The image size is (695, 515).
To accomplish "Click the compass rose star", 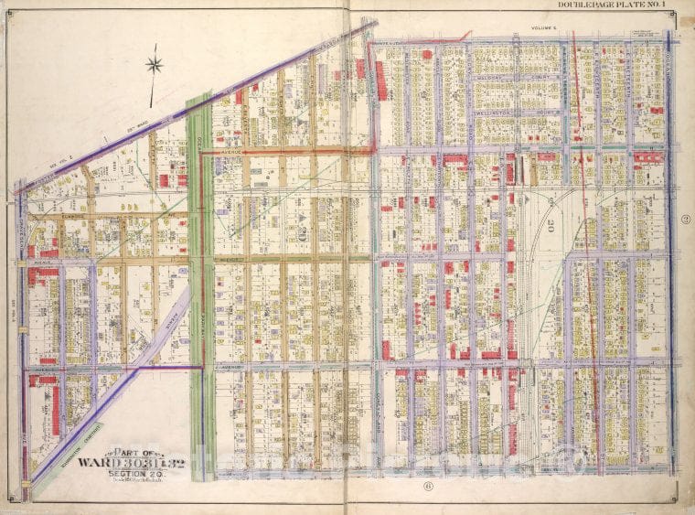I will click(x=155, y=65).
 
